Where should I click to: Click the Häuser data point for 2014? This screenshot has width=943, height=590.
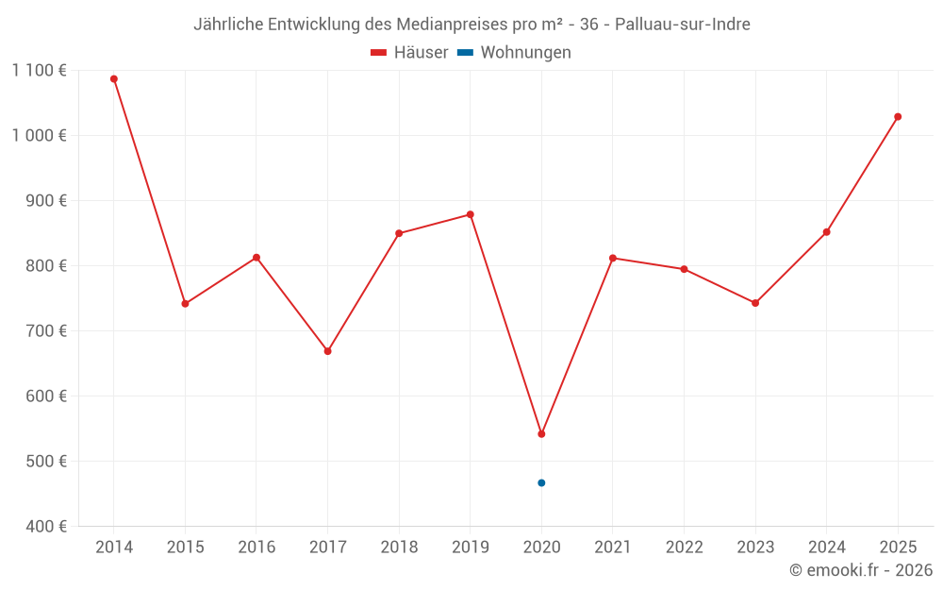(114, 79)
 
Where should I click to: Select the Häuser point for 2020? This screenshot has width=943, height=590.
(541, 434)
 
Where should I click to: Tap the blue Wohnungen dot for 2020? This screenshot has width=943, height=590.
(541, 483)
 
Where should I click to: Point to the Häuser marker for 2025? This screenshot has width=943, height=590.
(898, 117)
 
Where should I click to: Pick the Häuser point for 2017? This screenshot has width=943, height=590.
(327, 351)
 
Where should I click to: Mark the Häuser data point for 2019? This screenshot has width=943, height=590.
(471, 214)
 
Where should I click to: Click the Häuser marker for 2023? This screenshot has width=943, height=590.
(755, 303)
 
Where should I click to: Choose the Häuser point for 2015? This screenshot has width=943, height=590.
(185, 304)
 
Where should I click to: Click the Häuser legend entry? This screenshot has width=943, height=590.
(409, 53)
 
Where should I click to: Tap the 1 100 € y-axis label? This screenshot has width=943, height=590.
(40, 70)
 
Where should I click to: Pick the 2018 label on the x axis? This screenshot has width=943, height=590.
(399, 548)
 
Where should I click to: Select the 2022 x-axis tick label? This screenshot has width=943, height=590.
(684, 548)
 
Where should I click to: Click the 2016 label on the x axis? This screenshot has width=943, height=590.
(256, 548)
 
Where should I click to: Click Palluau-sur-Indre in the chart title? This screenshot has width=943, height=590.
(683, 25)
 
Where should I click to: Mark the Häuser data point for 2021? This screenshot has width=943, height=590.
(613, 258)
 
